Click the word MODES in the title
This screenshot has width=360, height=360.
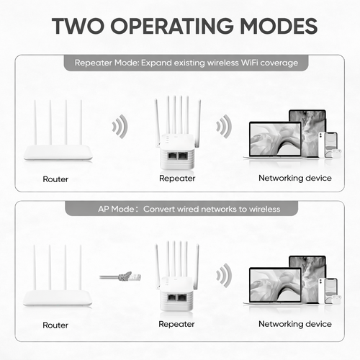tap(279, 26)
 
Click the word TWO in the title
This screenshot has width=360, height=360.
tap(78, 26)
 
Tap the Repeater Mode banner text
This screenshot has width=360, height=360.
tap(186, 63)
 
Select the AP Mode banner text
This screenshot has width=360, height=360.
tap(189, 209)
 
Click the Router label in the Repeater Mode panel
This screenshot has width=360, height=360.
tap(55, 179)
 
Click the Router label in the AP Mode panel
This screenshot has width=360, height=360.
tap(55, 325)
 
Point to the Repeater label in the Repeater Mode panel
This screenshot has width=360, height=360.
tap(177, 179)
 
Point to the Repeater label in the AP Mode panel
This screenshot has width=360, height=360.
tap(176, 324)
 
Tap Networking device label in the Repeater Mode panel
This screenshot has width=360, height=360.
tap(295, 178)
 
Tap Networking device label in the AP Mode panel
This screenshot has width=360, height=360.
tap(295, 324)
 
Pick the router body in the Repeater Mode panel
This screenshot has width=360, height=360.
tap(58, 153)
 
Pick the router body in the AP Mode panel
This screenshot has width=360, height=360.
tap(58, 298)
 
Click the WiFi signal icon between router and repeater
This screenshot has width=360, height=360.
tap(121, 127)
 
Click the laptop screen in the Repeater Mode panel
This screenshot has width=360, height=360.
tap(275, 139)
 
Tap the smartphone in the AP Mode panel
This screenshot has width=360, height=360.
tap(328, 291)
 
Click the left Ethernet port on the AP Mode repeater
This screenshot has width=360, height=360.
tap(172, 298)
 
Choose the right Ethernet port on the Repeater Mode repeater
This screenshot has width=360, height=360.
tap(183, 156)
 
